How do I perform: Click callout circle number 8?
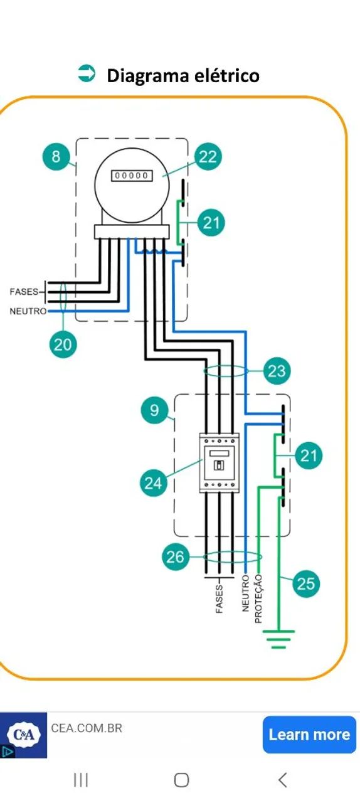tap(56, 156)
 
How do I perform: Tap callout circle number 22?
tap(208, 157)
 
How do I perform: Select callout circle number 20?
tap(63, 344)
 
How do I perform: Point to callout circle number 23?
tap(277, 371)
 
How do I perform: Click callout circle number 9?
tap(154, 410)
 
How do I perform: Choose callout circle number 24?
tap(154, 483)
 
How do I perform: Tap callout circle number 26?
tap(176, 556)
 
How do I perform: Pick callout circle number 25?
tap(306, 583)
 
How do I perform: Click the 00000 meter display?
tap(132, 175)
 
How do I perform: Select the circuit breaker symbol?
tap(219, 462)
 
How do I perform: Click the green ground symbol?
tap(278, 639)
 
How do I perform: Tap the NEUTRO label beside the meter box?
tap(28, 311)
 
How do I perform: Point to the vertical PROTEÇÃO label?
tap(258, 598)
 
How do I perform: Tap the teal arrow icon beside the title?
tap(87, 73)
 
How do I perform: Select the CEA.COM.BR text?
tap(87, 728)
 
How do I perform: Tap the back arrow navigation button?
tap(283, 780)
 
